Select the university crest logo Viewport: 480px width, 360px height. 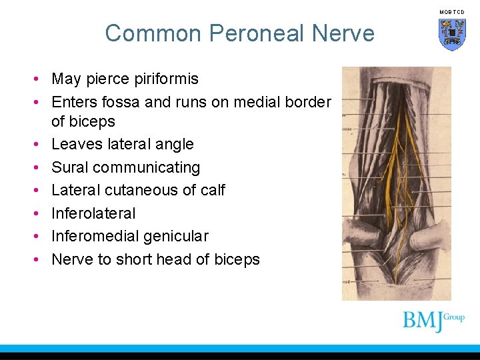pyautogui.click(x=451, y=34)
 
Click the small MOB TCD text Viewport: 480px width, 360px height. pyautogui.click(x=451, y=12)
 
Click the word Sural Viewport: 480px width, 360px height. pyautogui.click(x=70, y=167)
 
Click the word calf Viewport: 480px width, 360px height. pyautogui.click(x=213, y=190)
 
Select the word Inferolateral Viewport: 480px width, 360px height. pyautogui.click(x=93, y=213)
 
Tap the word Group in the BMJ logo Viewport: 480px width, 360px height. pyautogui.click(x=454, y=317)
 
